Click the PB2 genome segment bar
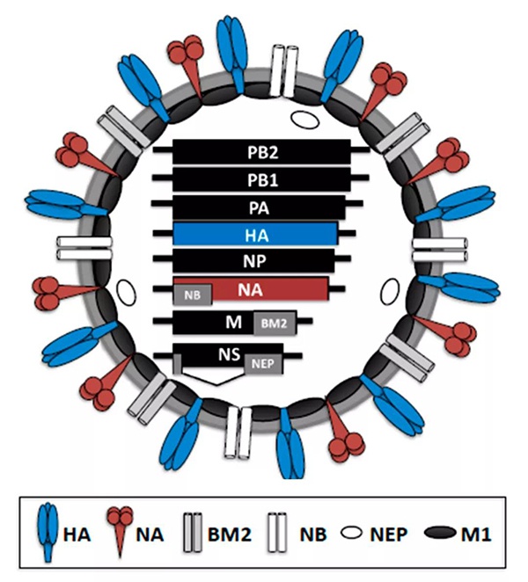[x=262, y=151]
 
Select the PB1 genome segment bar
[x=262, y=179]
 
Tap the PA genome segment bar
[x=262, y=207]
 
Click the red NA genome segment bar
[x=264, y=287]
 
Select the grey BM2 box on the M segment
[x=271, y=324]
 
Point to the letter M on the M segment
[x=233, y=323]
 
